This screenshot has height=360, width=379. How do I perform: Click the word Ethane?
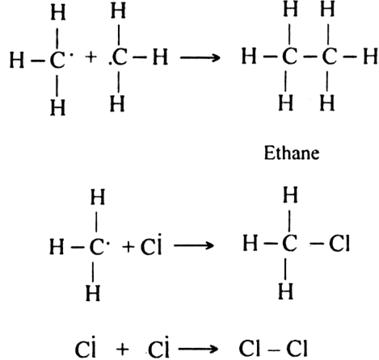[292, 153]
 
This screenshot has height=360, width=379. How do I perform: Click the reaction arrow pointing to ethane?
[200, 57]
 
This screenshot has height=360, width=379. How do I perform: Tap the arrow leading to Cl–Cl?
[197, 350]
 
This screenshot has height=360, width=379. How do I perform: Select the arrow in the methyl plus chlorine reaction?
[194, 245]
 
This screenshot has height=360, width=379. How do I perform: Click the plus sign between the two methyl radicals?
[91, 57]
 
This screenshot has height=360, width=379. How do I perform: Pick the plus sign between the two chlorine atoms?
[123, 350]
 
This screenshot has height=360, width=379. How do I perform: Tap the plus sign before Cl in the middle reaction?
[128, 246]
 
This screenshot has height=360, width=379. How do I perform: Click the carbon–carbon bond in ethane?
[310, 57]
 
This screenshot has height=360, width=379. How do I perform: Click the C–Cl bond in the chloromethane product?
[316, 244]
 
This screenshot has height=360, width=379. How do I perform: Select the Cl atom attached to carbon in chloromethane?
[339, 243]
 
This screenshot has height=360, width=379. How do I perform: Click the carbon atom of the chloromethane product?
[289, 243]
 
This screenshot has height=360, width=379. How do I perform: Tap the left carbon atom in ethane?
[289, 57]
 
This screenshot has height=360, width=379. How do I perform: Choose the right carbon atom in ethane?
[329, 57]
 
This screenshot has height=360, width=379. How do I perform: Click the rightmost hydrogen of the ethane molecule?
[370, 57]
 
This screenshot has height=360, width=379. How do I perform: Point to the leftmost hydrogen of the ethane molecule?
[249, 57]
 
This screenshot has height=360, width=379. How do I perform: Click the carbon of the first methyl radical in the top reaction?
[57, 60]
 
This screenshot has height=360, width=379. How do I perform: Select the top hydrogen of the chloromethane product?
[290, 195]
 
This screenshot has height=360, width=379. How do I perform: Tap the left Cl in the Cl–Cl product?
[250, 348]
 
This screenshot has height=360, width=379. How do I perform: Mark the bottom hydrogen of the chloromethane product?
[285, 291]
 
